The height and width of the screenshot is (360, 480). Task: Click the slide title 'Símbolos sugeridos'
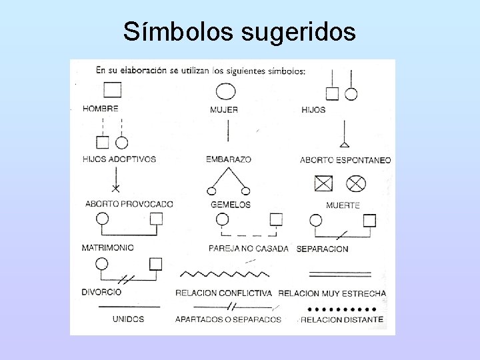(239, 31)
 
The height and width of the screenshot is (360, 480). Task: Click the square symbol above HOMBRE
(112, 89)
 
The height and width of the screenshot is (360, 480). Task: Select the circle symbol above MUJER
(225, 91)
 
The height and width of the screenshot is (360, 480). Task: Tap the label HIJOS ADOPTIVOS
(119, 159)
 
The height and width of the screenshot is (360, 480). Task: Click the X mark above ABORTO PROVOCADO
(116, 189)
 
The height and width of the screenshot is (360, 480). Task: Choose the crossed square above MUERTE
(323, 183)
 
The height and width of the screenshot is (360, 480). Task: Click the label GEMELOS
(231, 205)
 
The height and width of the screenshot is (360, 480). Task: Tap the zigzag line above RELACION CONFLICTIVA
(225, 273)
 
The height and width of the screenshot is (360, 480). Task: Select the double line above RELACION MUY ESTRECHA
(340, 273)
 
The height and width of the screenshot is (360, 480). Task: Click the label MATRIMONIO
(107, 247)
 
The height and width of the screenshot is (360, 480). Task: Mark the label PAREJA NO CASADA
(249, 249)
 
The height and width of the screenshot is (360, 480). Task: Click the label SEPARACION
(322, 249)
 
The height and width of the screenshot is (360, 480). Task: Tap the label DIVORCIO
(101, 292)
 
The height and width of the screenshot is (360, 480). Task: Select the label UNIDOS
(128, 319)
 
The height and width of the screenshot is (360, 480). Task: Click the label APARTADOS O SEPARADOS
(228, 319)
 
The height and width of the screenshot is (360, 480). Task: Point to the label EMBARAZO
(229, 159)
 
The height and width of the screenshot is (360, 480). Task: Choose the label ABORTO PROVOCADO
(129, 204)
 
